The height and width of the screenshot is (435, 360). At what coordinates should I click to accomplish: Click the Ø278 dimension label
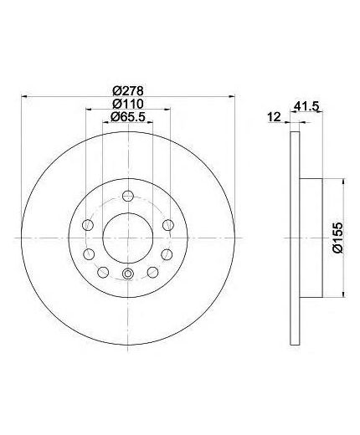(128, 90)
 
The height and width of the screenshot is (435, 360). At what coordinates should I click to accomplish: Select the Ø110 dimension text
(128, 104)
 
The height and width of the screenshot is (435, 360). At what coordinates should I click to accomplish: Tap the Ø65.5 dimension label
(128, 116)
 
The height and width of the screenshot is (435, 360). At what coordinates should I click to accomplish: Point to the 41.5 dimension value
(306, 106)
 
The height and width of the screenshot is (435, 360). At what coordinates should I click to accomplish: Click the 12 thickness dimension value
(274, 117)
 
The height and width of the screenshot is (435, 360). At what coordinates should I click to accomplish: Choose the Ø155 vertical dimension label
(337, 238)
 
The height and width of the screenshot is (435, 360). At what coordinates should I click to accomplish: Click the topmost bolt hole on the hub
(127, 196)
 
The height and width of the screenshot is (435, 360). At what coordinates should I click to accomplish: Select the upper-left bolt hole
(88, 224)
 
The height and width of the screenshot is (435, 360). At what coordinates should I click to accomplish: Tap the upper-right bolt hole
(168, 224)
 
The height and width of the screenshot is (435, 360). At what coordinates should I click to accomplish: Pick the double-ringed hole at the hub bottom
(127, 274)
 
